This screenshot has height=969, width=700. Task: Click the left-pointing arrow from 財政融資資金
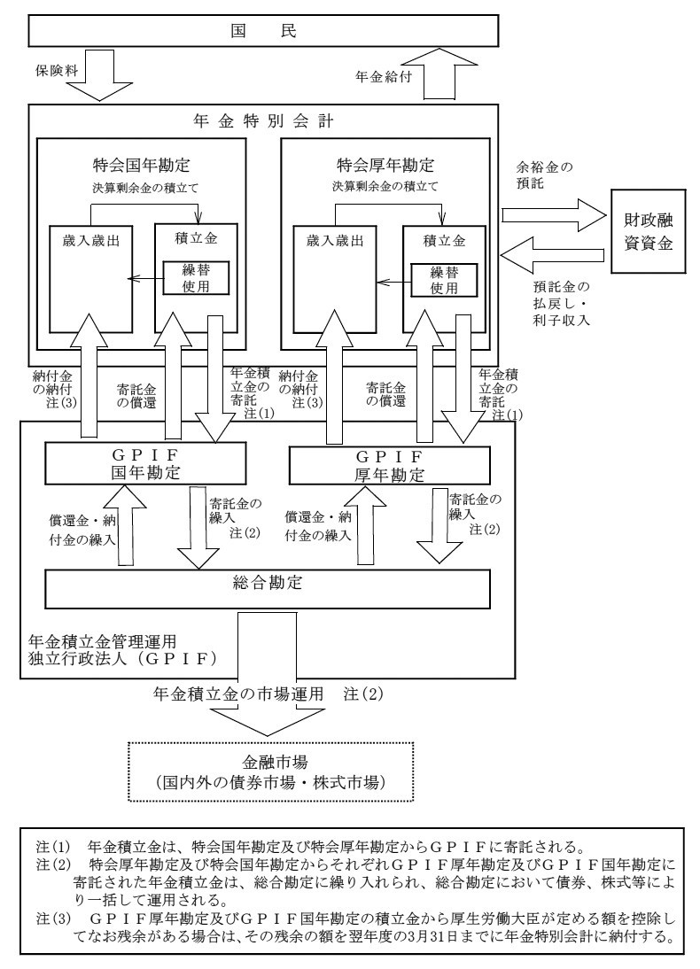click(x=550, y=255)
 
